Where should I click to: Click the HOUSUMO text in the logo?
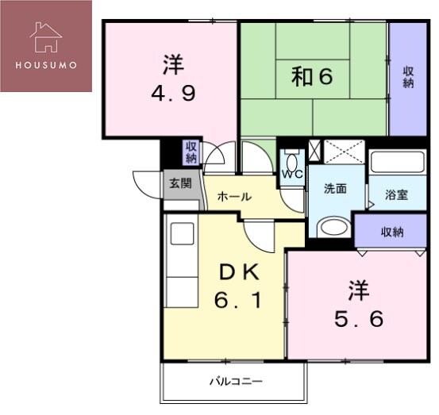click(46, 65)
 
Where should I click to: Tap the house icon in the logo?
click(46, 36)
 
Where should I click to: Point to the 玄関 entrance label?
click(179, 183)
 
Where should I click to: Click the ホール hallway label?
click(234, 196)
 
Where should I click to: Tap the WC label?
click(290, 173)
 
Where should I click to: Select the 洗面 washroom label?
click(335, 189)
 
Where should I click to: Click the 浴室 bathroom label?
click(396, 194)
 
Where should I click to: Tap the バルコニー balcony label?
click(236, 382)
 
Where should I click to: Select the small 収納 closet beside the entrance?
click(191, 151)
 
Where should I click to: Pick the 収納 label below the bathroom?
click(392, 232)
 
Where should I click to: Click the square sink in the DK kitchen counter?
click(182, 234)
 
